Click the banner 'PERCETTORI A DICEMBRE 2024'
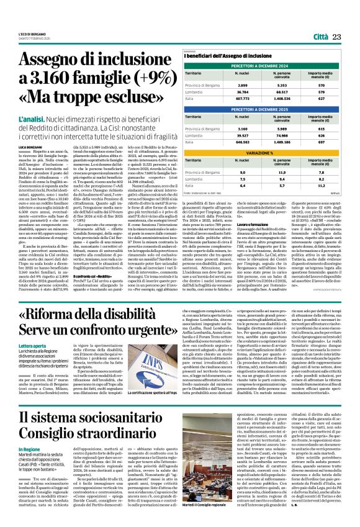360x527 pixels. pos(265,65)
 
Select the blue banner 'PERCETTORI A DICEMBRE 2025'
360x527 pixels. pos(265,109)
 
